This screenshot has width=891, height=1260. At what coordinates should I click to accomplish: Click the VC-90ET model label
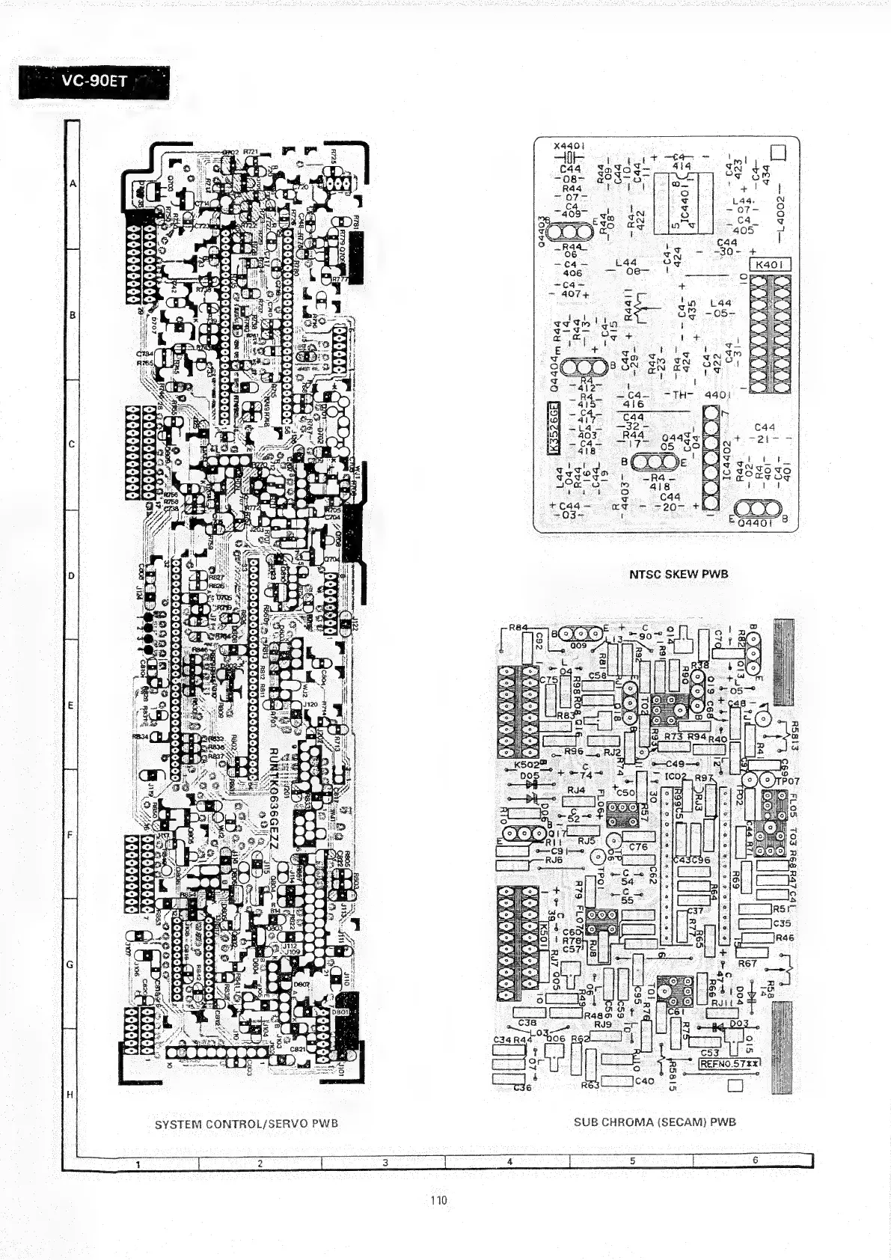[94, 82]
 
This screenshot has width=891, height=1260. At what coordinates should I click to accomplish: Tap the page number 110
[438, 1200]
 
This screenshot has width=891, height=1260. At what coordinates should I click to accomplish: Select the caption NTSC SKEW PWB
[679, 574]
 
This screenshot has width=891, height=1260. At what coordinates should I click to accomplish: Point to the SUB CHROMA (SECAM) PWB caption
[655, 1122]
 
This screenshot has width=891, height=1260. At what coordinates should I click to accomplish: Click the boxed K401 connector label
[769, 265]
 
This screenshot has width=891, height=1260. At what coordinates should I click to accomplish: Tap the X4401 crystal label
[569, 146]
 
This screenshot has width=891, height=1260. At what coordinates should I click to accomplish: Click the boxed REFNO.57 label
[729, 1063]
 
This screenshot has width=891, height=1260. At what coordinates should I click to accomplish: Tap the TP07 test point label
[788, 781]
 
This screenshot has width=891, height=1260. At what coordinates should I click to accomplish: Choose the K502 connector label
[527, 765]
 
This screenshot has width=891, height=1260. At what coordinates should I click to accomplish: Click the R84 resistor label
[518, 627]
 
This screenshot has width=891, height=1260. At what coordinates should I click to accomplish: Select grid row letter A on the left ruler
[73, 183]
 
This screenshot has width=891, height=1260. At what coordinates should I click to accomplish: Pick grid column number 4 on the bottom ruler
[509, 1161]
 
